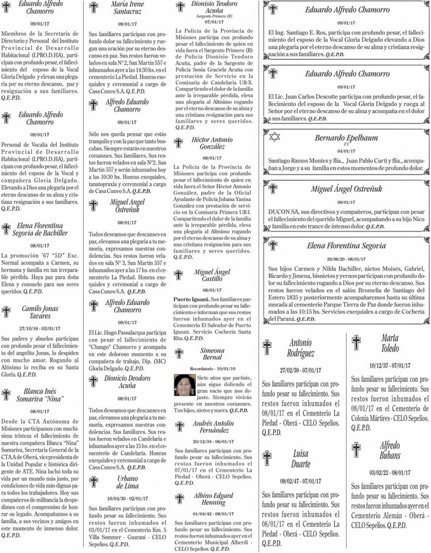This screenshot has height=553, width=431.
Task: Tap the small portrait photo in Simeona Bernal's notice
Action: click(184, 384)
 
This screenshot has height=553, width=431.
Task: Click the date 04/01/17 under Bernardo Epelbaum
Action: click(346, 150)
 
